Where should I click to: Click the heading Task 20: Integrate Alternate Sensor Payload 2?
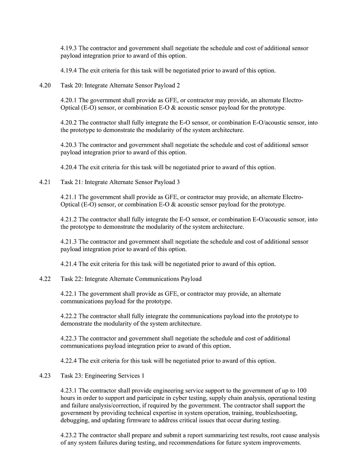click(120, 85)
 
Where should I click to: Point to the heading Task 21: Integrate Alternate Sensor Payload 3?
click(120, 182)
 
